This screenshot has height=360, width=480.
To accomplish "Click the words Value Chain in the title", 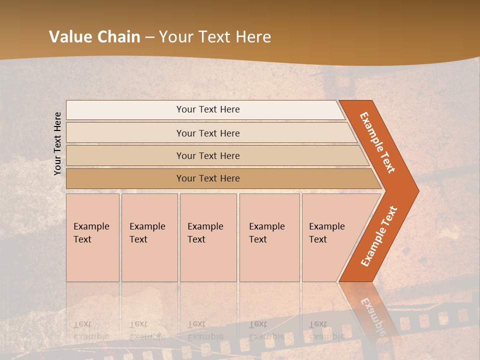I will (x=94, y=37).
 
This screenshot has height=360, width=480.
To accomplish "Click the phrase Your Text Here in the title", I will (x=215, y=37).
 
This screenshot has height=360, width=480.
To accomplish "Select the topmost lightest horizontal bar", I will (x=125, y=109).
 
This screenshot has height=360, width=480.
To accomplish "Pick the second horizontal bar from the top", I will (x=125, y=133).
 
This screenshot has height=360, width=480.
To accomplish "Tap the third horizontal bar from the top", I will (x=125, y=155).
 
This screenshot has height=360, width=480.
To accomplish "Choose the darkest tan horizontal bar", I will (x=125, y=178).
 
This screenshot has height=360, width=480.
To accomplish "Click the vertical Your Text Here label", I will (x=57, y=143).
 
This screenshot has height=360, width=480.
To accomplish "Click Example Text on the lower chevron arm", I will (x=379, y=236).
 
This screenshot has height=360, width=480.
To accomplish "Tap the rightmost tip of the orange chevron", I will (x=417, y=191).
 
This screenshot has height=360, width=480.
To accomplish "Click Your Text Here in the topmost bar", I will (x=208, y=109).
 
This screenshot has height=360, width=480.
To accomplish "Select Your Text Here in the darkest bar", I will (x=208, y=178).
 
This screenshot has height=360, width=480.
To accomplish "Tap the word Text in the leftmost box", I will (x=82, y=239).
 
